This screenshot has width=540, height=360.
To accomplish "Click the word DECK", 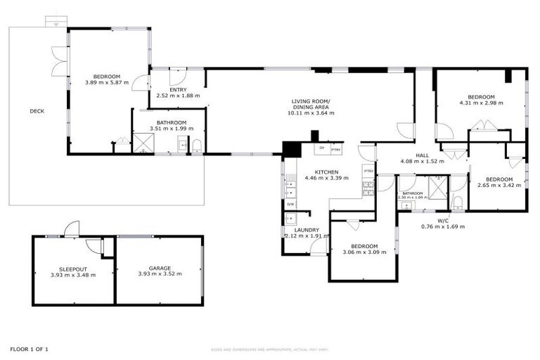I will pos(37,111).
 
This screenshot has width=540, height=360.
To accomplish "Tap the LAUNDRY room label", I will pos(307,230).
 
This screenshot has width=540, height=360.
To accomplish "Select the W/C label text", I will pos(443,221).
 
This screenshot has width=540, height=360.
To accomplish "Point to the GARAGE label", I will pos(160,268).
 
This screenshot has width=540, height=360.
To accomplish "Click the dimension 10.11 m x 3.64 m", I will pos(313,112).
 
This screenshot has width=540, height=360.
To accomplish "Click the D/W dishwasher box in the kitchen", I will pos(290,204).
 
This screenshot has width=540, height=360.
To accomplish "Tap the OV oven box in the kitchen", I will pos(321,148).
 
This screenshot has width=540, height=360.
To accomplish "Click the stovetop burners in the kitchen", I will pos(368,186).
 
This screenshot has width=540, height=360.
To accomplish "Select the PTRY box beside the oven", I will pos(335,148).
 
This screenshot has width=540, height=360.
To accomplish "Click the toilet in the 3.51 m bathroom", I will pos(197,146).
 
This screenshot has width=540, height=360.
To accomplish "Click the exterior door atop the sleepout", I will pos(70,229).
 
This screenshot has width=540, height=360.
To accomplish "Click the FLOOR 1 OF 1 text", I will pos(29,349).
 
